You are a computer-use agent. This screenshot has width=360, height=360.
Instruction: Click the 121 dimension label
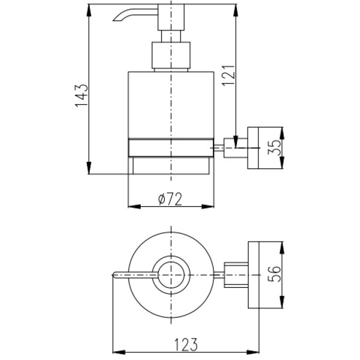(229, 76)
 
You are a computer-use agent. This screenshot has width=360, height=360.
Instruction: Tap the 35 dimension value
(274, 148)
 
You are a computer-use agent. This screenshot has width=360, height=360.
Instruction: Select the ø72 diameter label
(170, 199)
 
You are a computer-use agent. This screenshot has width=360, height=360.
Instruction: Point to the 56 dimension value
(274, 274)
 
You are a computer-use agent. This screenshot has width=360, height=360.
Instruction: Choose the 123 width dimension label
(186, 344)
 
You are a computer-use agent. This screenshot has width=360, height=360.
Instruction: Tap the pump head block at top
(171, 17)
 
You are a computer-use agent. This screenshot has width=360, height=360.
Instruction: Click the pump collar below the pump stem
(171, 55)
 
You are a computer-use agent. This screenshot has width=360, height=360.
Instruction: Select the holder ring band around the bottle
(171, 148)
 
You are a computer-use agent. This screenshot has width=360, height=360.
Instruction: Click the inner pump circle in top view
(171, 275)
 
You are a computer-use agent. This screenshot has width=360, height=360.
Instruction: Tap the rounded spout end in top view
(114, 275)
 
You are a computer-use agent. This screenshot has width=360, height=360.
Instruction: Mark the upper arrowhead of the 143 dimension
(89, 10)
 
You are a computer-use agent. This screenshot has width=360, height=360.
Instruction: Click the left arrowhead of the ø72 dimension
(134, 206)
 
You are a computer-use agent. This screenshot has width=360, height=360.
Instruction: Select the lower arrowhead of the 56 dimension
(282, 302)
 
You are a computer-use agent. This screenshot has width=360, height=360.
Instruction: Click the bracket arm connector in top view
(236, 275)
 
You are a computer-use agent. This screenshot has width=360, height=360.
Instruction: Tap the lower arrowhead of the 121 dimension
(236, 142)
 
